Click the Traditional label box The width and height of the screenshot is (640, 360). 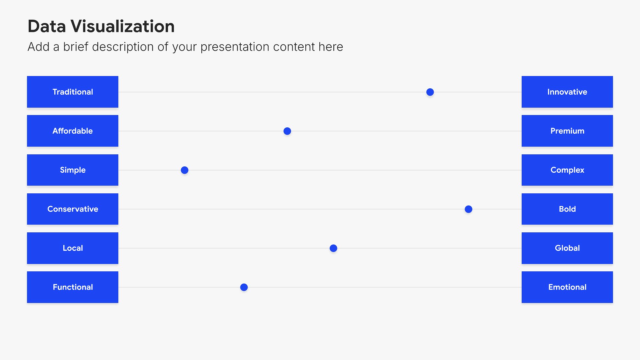point(73,92)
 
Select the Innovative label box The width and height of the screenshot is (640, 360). point(567,92)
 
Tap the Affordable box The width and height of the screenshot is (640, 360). point(73,131)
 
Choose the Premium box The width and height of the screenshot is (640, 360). point(567,131)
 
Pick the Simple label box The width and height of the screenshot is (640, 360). point(73,170)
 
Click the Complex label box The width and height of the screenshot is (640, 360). point(567,170)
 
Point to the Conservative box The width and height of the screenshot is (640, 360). point(73,209)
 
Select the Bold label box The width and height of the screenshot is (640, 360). point(567,209)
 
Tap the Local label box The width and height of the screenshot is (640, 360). point(73,248)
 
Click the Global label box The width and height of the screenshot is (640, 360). point(567,248)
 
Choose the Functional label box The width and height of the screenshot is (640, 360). point(73,287)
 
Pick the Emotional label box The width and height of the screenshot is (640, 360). point(567,287)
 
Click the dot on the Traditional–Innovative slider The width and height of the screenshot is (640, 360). point(430,92)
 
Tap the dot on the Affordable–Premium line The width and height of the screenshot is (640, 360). point(287,131)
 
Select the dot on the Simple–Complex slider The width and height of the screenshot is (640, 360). point(184,170)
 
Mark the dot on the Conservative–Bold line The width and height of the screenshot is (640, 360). point(468,209)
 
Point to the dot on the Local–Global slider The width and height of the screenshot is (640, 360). point(333,248)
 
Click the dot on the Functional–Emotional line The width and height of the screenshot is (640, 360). point(244,287)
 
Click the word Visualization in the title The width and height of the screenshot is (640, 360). point(123,26)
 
